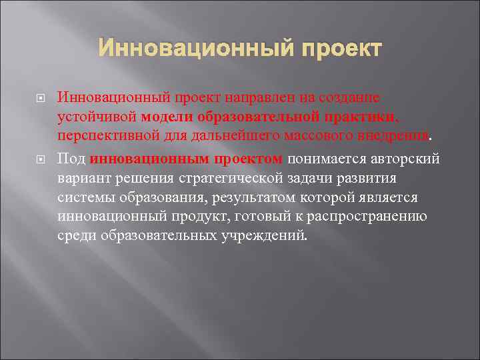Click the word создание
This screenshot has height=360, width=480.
(x=348, y=98)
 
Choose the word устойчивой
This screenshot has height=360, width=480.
(x=97, y=117)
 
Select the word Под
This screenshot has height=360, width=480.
(x=71, y=159)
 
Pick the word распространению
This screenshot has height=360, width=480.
(x=361, y=217)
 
